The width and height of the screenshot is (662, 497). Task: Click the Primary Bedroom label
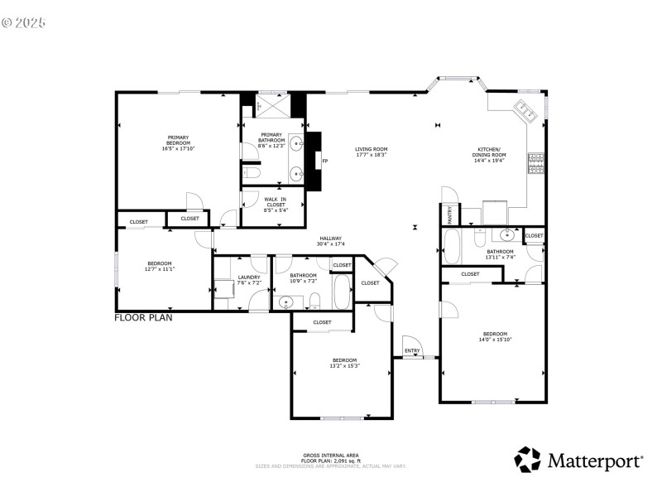(179, 142)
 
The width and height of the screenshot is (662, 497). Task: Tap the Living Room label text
(372, 152)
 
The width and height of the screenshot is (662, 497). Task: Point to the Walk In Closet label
(275, 202)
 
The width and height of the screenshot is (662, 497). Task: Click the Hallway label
(330, 241)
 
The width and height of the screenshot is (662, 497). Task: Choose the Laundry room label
(249, 280)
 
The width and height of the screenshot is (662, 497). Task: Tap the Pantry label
(449, 215)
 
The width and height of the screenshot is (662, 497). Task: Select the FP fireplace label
(325, 161)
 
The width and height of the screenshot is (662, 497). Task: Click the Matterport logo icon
(527, 459)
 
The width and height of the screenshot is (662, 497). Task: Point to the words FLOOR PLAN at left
(143, 317)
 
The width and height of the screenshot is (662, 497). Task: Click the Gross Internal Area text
(330, 457)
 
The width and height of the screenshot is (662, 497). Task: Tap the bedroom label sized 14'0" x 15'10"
(495, 338)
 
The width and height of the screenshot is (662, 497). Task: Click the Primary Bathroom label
(271, 140)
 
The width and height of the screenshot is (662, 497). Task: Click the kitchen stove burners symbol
(535, 163)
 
